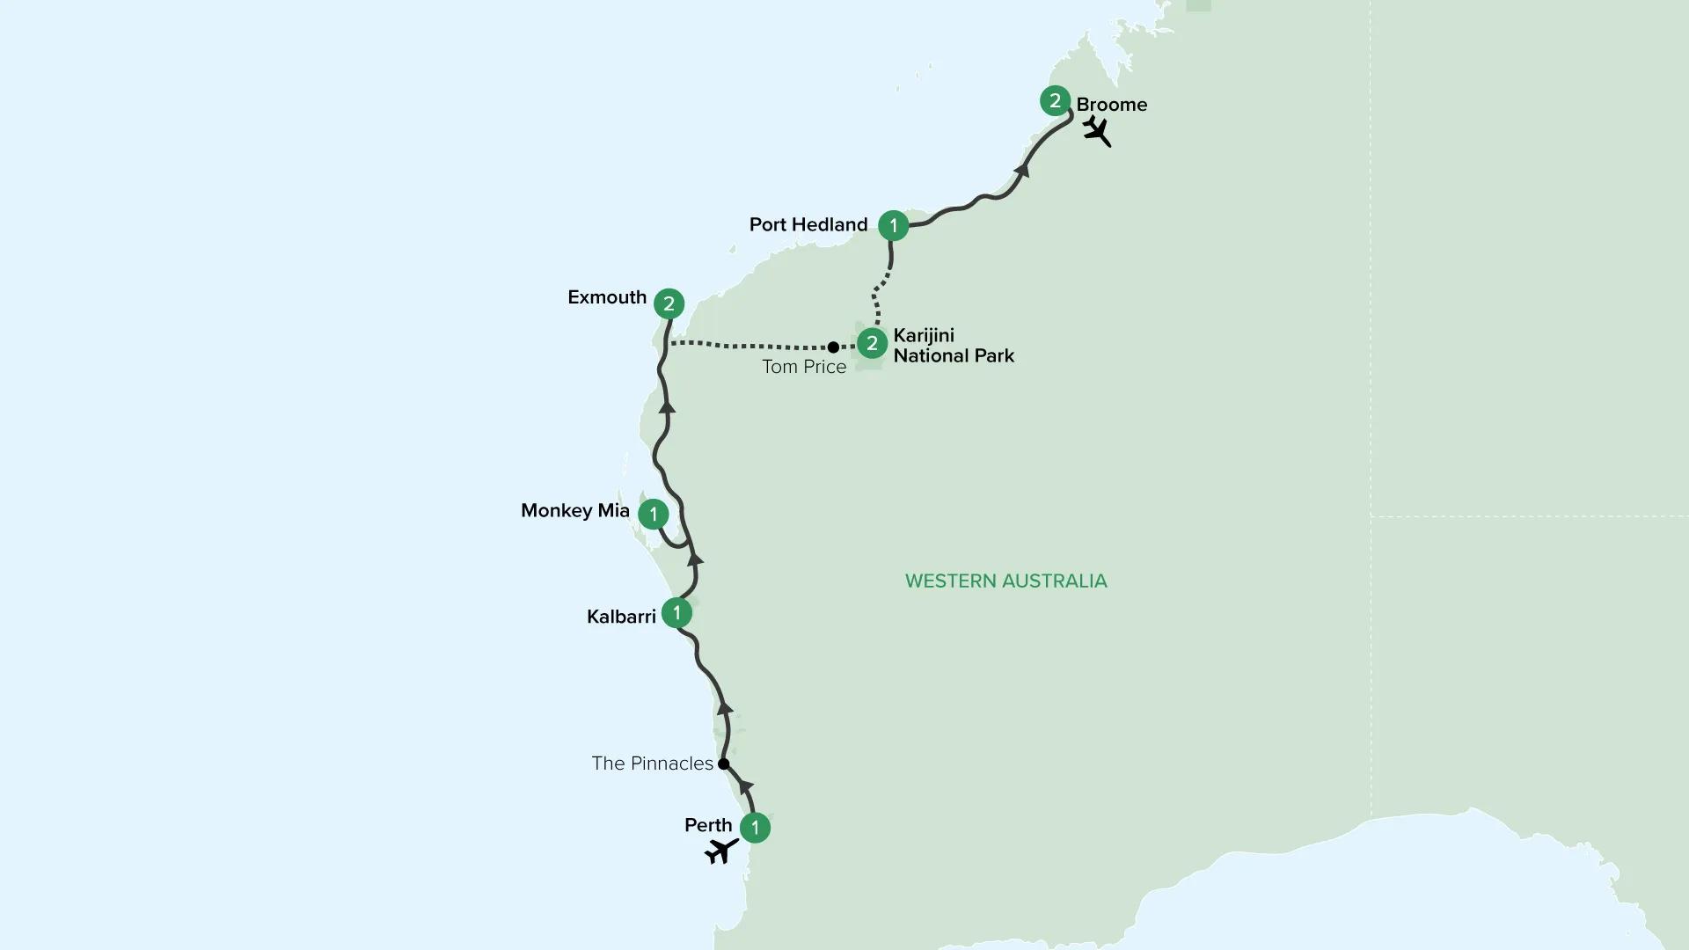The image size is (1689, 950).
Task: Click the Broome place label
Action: tap(1111, 105)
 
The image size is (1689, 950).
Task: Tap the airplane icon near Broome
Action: tap(1096, 131)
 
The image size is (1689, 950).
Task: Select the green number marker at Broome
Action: tap(1055, 100)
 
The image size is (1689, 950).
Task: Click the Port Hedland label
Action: tap(808, 224)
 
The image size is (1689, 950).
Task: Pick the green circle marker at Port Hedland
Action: tap(894, 225)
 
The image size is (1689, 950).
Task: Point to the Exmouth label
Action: tap(607, 297)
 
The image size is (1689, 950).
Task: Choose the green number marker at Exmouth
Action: tap(669, 304)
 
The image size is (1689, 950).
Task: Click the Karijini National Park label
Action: tap(954, 346)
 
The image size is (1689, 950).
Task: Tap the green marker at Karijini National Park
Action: tap(872, 343)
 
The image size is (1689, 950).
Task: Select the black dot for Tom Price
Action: tap(833, 347)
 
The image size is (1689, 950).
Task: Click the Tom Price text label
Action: tap(804, 367)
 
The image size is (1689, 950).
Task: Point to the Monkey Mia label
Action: tap(575, 511)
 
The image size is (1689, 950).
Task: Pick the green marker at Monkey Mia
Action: tap(654, 515)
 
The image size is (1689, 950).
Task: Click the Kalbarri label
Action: tap(621, 617)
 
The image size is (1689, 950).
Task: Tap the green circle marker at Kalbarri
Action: tap(676, 612)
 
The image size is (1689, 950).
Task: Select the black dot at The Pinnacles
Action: tap(724, 764)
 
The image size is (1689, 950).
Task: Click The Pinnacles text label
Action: tap(652, 764)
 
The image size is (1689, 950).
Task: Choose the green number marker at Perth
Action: tap(756, 828)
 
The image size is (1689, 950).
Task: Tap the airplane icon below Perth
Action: tap(721, 851)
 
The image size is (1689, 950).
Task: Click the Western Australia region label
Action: tap(1005, 581)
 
